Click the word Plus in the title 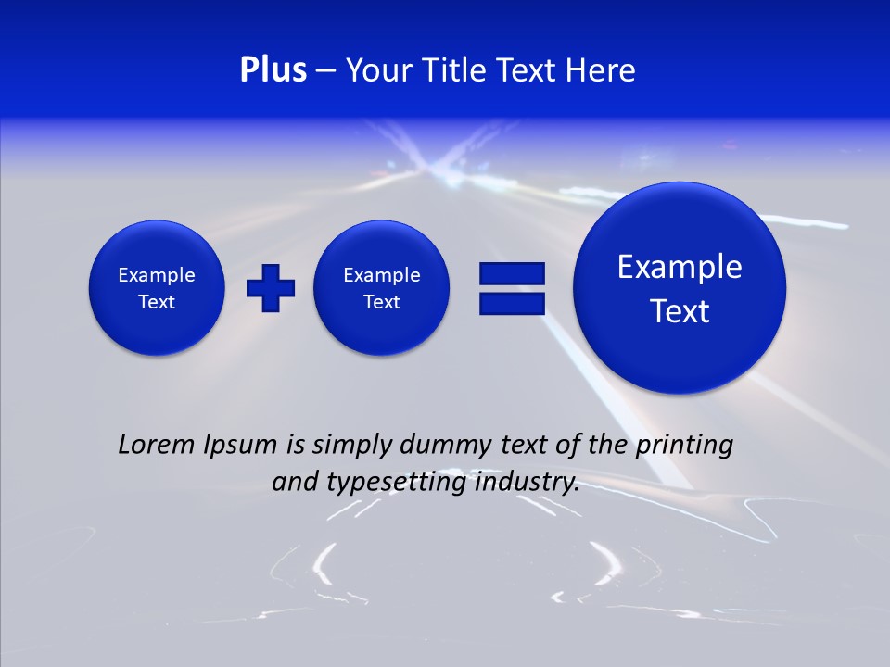[x=273, y=70]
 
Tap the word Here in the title [x=601, y=70]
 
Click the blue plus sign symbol [x=271, y=287]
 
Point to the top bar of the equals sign [x=512, y=273]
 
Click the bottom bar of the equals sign [x=512, y=303]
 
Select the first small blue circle [x=157, y=287]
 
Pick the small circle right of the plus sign [x=382, y=287]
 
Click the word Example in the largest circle [x=680, y=267]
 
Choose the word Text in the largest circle [x=680, y=311]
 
